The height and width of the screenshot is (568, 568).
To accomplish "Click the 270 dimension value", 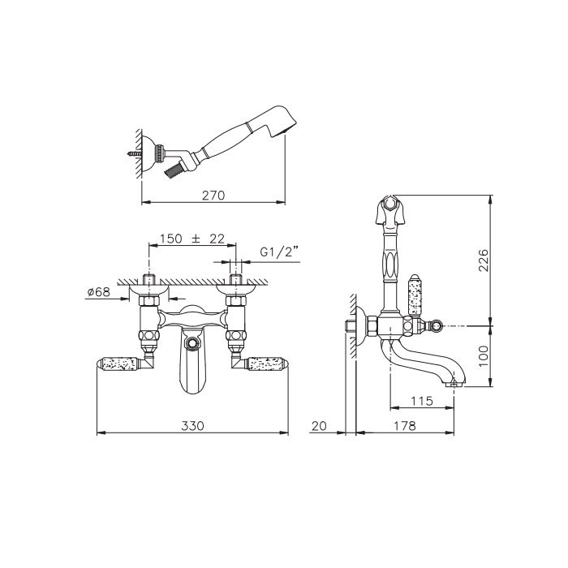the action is [x=213, y=196].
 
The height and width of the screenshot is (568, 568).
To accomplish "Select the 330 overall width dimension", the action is [x=192, y=426].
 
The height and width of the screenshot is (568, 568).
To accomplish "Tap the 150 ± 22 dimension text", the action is [x=192, y=239].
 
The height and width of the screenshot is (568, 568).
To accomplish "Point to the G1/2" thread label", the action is [x=279, y=252].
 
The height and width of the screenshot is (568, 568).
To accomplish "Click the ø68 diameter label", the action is [x=98, y=291].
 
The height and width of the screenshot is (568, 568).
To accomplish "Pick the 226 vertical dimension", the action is [x=484, y=260].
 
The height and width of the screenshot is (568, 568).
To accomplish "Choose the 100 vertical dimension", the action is [x=484, y=355].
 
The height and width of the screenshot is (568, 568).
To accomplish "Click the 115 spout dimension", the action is [x=422, y=401].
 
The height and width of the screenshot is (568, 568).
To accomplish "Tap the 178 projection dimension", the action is [x=405, y=426].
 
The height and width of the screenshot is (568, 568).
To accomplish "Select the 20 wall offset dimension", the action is [x=319, y=426].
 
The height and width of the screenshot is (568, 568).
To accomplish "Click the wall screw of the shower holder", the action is [x=134, y=153].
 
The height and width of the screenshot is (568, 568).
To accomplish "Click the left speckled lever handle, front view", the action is [x=118, y=364].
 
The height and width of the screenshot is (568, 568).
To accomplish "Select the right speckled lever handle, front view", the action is [x=267, y=364].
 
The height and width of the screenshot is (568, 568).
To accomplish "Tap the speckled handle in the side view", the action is [x=415, y=295].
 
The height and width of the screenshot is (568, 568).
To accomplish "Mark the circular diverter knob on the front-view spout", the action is [x=191, y=342].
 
